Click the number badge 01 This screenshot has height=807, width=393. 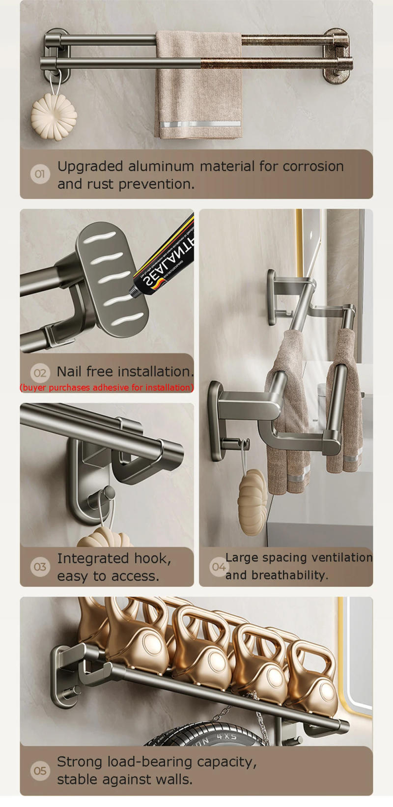tap(40, 174)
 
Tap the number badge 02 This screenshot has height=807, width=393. tap(40, 373)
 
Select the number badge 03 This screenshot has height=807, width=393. tap(40, 567)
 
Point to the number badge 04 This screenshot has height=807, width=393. tap(218, 567)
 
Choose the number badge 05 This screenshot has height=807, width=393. tap(40, 770)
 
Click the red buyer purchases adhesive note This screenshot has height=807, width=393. tap(107, 387)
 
